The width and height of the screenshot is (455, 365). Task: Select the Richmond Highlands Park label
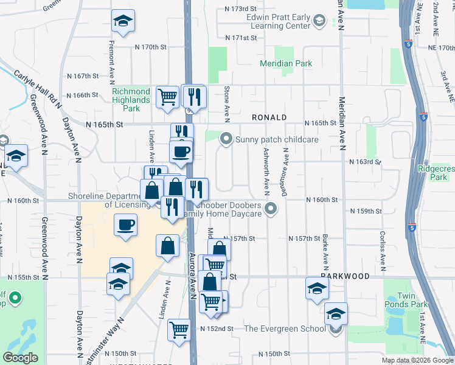point(131,100)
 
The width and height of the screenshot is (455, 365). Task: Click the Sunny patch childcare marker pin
point(226,139)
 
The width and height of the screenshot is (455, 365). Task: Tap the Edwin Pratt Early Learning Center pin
point(319,22)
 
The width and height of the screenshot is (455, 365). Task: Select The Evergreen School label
point(285,329)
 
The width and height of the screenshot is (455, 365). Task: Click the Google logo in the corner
point(20,358)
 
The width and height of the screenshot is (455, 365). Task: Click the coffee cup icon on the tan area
point(126,226)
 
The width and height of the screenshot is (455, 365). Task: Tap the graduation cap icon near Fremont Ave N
point(123,21)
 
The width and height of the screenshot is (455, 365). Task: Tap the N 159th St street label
point(366,211)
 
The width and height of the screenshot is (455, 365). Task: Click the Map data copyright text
point(417,360)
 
